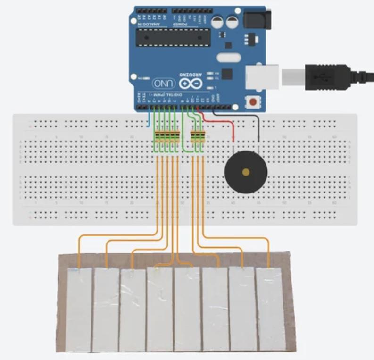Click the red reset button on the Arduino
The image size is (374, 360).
coord(254,101)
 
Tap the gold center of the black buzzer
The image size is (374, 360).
coord(246,172)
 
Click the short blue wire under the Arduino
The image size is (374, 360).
coord(150,119)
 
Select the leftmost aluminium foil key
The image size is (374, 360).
coord(79,309)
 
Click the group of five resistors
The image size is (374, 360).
coord(167,137)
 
